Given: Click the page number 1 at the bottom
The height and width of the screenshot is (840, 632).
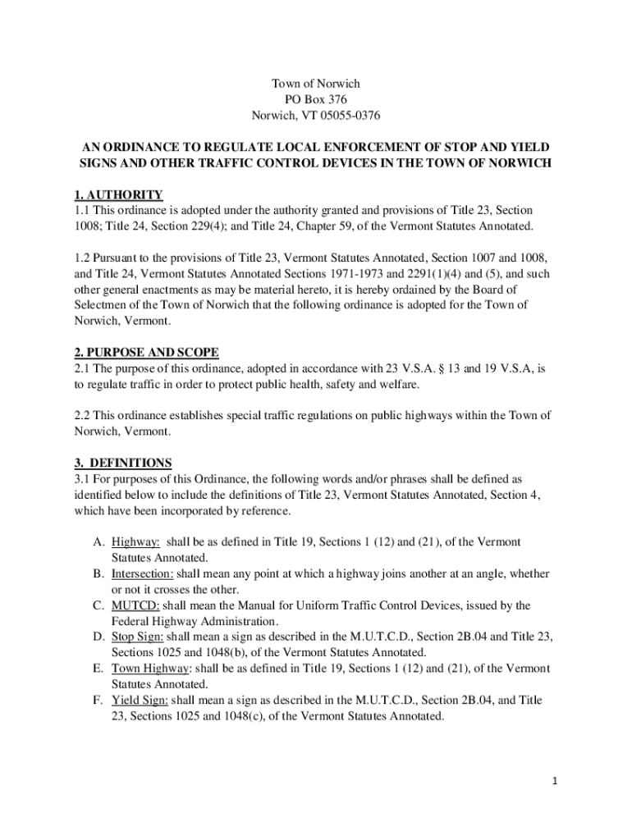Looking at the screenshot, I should click(555, 781).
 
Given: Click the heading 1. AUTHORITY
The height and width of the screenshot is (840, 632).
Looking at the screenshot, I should click(118, 195).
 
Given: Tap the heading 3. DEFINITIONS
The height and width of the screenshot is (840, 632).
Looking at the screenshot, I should click(123, 463).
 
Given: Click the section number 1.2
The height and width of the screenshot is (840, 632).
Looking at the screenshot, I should click(84, 258).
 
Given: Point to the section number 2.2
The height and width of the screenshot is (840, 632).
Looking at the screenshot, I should click(84, 415).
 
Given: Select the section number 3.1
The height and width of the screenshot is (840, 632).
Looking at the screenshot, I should click(84, 478).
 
